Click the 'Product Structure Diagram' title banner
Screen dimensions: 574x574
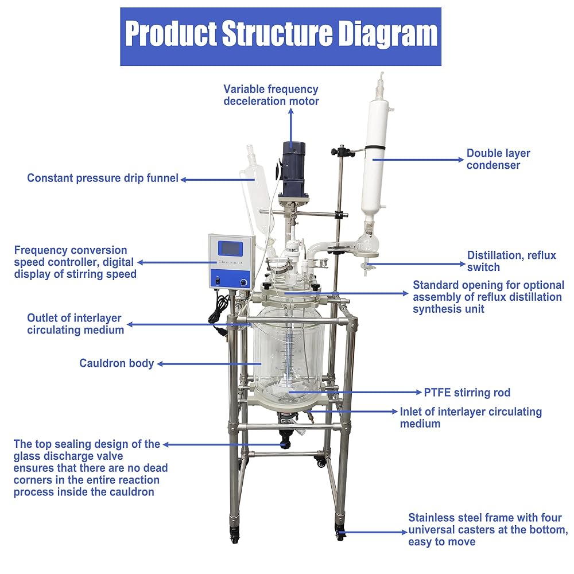281,37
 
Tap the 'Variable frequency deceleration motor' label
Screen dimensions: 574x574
271,95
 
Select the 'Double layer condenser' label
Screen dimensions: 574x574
498,159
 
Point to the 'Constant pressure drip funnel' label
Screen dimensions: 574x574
103,178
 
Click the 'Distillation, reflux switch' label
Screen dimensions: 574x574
511,261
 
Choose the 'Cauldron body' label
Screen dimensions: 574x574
117,363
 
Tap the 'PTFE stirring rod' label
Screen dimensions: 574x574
467,393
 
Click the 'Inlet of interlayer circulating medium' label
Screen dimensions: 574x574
471,417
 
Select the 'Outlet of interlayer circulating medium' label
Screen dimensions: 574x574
75,324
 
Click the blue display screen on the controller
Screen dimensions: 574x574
230,249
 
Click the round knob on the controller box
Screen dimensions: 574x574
243,282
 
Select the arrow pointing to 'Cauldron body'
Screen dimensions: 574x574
209,364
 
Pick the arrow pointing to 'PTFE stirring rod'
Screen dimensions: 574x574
355,393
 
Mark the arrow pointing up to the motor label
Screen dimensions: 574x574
291,128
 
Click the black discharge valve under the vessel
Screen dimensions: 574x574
285,438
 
